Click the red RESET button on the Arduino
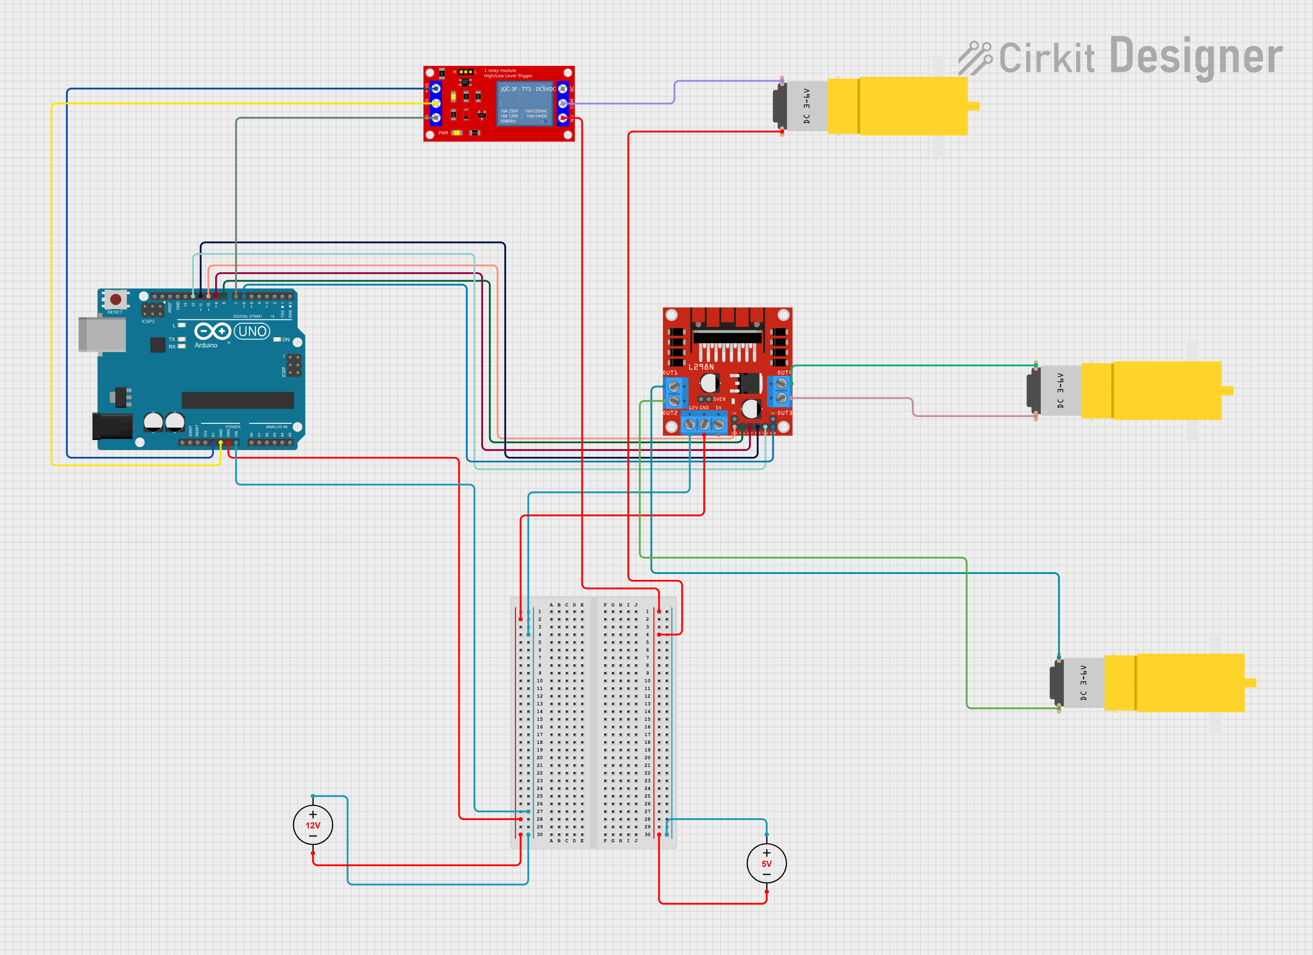coord(116,299)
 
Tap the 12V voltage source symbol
coord(313,825)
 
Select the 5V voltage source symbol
coord(767,863)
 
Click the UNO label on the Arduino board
coord(253,332)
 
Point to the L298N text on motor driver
coord(701,367)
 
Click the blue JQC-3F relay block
coord(526,103)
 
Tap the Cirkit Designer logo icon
coord(975,58)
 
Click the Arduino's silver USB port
coord(102,334)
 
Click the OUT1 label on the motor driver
coord(670,373)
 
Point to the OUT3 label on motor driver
coord(784,413)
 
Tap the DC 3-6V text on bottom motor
coord(1083,683)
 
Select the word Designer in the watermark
coord(1196,57)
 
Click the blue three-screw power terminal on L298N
coord(704,424)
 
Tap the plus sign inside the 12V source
coord(313,814)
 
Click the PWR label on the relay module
coord(443,133)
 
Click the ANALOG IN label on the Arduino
coord(276,427)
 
